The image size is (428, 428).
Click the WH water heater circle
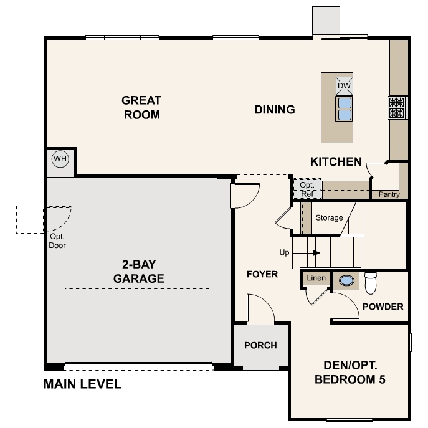coord(60,159)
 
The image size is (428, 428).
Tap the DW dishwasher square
coord(344,86)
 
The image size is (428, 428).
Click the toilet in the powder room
coord(371,283)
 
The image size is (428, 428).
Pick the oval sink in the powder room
coord(346,280)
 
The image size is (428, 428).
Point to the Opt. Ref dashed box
coord(307,189)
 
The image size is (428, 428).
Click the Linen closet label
coord(316,278)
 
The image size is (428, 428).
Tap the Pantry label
coord(389,194)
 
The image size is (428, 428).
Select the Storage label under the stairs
coord(329,218)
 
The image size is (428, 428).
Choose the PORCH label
coord(260,345)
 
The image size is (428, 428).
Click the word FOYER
coord(262,274)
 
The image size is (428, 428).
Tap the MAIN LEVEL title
coord(82,384)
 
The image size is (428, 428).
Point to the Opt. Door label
coord(57,240)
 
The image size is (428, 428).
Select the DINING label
coord(275,110)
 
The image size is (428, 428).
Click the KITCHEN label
coord(336,161)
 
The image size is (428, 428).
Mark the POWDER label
coord(383,307)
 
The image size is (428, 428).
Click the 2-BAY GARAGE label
coord(139,272)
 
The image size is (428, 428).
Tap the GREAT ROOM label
coord(141,107)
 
